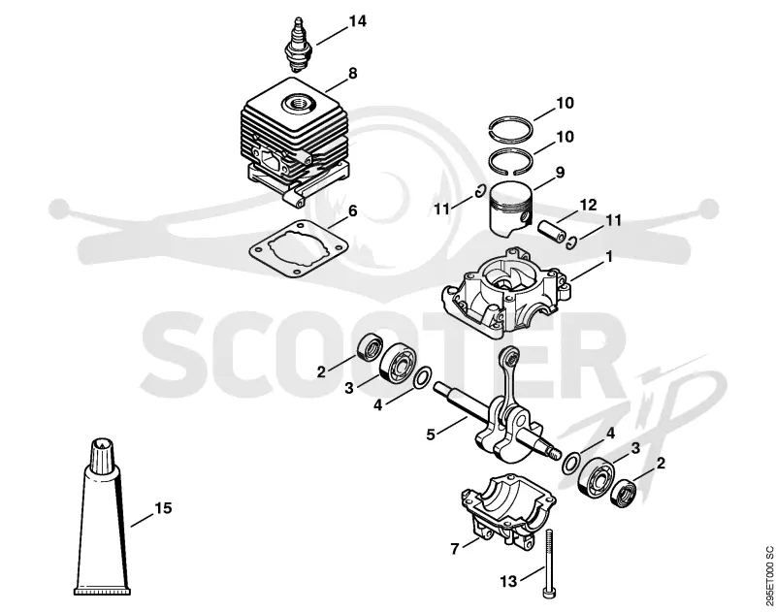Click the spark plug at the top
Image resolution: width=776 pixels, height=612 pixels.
click(298, 46)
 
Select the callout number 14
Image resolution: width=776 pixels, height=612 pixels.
click(357, 21)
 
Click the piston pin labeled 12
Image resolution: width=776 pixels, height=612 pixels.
click(552, 232)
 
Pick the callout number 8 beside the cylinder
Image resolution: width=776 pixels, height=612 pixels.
click(352, 74)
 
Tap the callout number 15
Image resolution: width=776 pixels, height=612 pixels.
click(163, 508)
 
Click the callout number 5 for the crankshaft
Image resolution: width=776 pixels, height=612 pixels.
click(431, 435)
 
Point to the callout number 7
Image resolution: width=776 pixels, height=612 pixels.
click(454, 549)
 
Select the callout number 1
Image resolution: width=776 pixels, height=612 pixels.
click(609, 257)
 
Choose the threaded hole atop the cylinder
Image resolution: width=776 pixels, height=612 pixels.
click(298, 105)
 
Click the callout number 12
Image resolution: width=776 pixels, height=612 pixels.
click(589, 205)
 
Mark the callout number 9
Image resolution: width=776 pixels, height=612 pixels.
click(561, 173)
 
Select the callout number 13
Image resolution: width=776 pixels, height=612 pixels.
click(508, 581)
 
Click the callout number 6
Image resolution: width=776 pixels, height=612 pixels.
click(352, 210)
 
